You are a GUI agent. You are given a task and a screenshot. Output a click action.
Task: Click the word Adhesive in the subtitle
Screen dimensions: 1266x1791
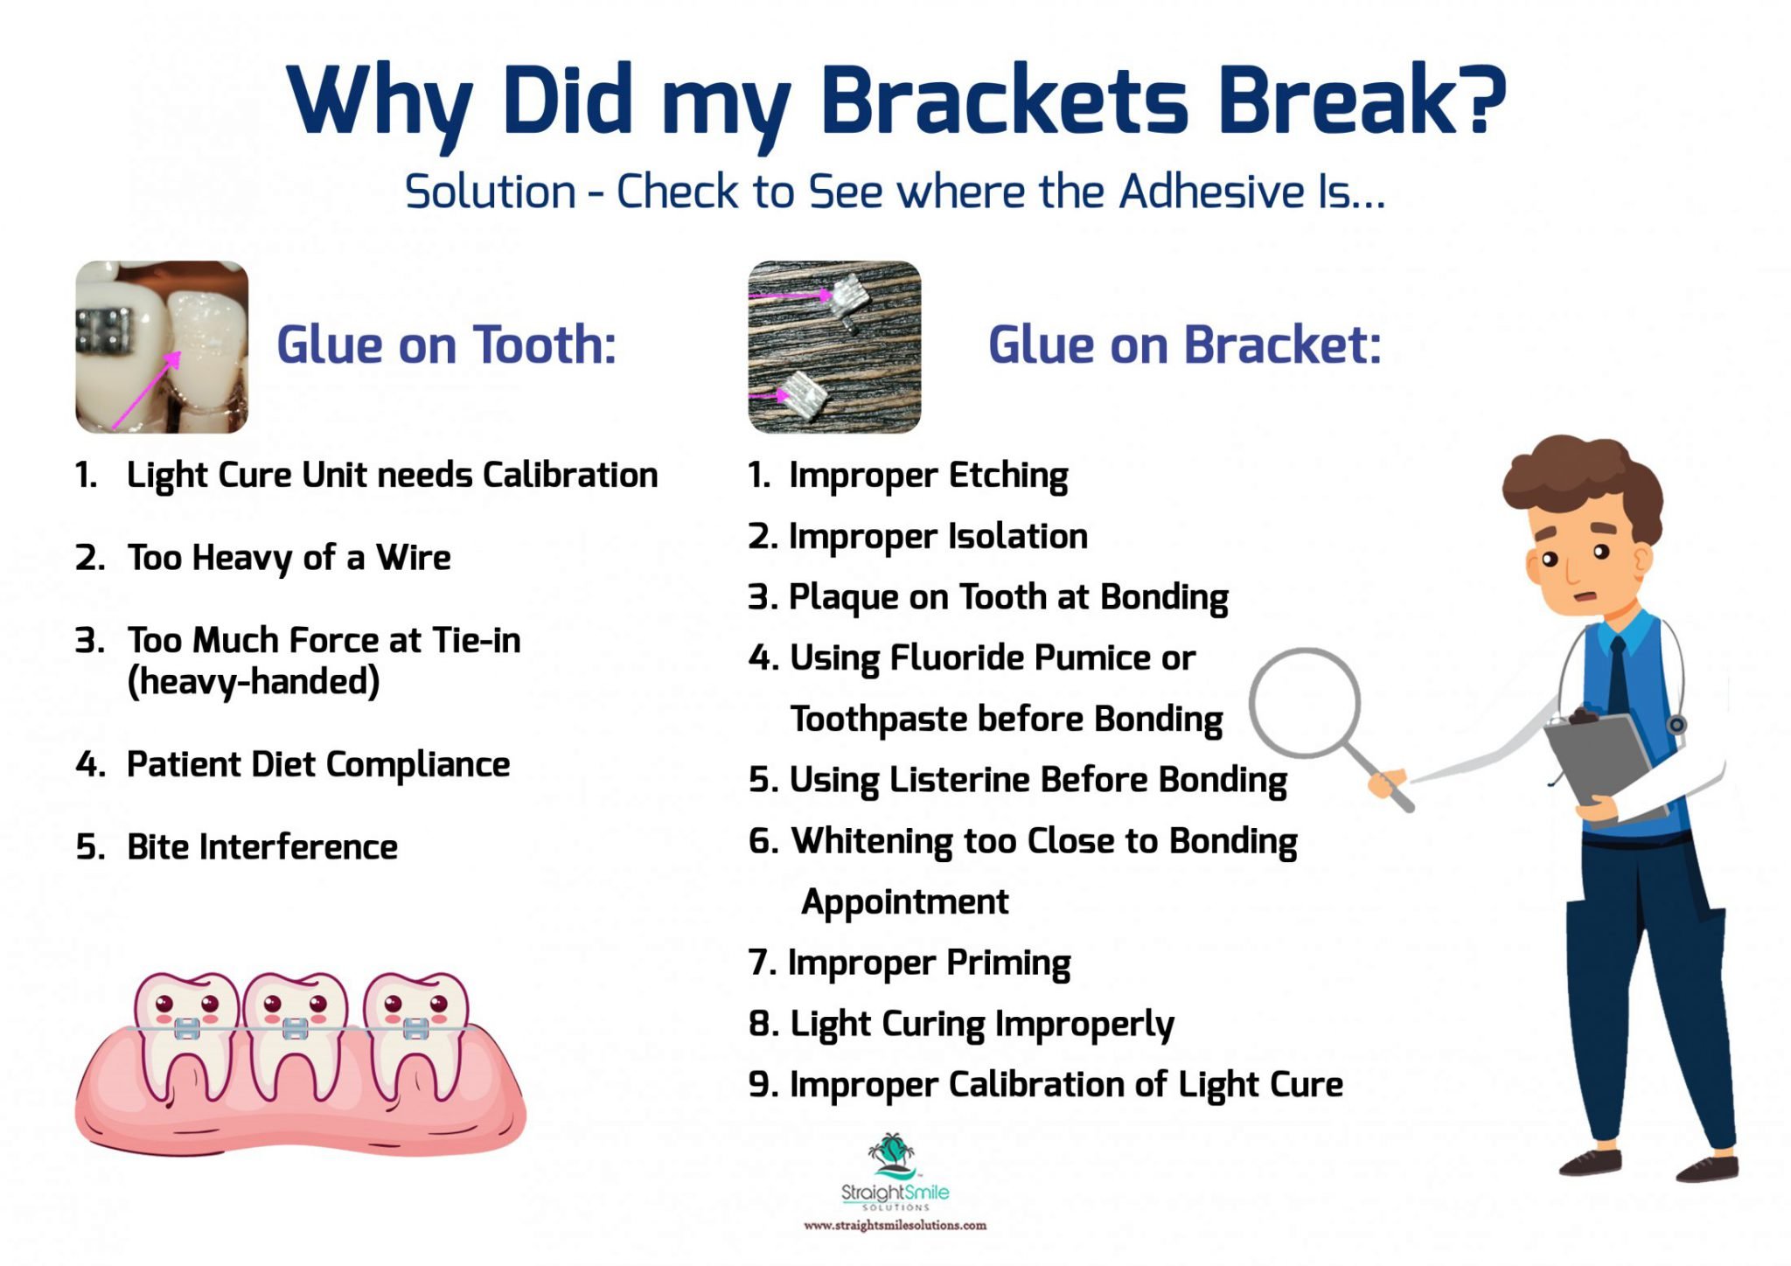(1211, 191)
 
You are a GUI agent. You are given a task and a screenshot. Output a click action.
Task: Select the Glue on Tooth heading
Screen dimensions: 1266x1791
(446, 344)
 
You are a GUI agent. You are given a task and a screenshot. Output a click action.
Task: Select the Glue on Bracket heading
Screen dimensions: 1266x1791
(1184, 344)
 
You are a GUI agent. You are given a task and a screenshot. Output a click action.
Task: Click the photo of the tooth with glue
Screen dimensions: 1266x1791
(162, 346)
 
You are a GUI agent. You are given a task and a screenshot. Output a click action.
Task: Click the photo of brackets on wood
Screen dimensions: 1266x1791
(834, 346)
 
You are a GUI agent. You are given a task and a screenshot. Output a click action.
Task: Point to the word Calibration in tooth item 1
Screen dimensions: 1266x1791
(569, 475)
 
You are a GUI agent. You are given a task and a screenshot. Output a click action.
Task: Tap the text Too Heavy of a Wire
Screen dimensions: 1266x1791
(289, 558)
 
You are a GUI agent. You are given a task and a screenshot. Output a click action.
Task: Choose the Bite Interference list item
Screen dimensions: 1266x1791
(261, 847)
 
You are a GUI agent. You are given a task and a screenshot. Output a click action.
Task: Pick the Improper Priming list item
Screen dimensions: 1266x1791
(928, 963)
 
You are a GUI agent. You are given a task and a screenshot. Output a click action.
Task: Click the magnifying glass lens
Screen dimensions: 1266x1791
(1304, 703)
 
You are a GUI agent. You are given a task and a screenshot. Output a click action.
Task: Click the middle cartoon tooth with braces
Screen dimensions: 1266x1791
(295, 1032)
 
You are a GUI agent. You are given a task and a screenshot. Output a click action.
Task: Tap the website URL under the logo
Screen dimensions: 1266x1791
(895, 1226)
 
